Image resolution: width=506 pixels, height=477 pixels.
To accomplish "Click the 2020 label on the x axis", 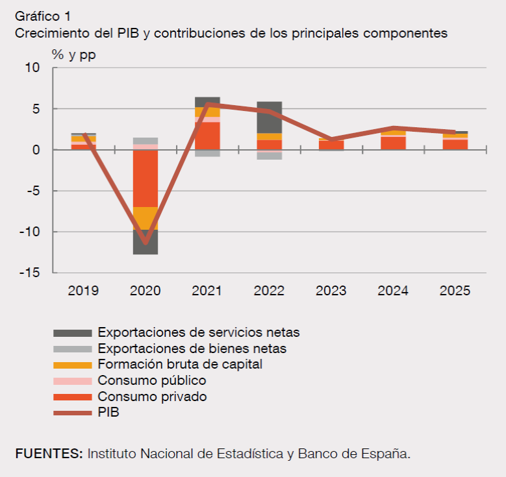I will coord(145,291).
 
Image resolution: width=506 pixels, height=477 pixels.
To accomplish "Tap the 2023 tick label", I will coord(331,291).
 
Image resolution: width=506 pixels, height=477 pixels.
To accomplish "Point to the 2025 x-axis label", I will coord(455,291).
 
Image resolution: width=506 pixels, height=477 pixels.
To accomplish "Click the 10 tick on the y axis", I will coord(32,67).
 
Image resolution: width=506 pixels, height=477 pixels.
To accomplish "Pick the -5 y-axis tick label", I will coord(31,191).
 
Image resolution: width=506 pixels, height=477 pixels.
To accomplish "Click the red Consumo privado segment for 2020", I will coord(145,178).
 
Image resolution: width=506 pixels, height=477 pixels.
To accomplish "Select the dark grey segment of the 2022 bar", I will coord(269,117).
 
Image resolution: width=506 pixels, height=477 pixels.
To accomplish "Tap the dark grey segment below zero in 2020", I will coord(145,242).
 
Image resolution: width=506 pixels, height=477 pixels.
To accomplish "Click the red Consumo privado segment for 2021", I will coord(207,136).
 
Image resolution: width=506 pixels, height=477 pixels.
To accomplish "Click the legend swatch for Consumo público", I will coord(72,381).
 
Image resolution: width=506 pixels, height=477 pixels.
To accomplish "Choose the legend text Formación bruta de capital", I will coord(180,364).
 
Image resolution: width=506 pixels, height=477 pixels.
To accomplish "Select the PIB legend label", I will coord(108,412).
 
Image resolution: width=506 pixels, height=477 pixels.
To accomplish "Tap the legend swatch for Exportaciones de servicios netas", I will coord(72,333).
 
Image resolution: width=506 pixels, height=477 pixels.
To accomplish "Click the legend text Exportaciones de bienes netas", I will coord(192,349).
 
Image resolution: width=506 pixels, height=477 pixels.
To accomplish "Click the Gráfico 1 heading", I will coord(42,16).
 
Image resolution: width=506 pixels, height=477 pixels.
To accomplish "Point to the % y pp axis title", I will coord(74,55).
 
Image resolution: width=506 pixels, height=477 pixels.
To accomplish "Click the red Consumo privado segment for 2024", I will coord(393,143).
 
